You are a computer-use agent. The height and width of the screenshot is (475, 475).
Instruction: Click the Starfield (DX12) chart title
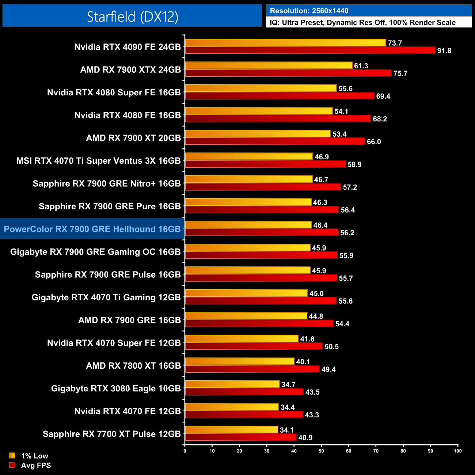coord(132,16)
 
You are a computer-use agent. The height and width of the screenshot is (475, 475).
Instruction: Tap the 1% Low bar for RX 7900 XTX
coord(269,65)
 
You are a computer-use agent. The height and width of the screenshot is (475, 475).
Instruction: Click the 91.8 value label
coord(444,51)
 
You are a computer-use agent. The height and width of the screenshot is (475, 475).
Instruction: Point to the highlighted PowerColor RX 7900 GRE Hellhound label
coord(92,229)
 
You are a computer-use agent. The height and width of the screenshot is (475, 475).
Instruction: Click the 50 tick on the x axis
coord(321,451)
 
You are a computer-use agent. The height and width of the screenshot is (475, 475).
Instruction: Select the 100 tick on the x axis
coord(457,451)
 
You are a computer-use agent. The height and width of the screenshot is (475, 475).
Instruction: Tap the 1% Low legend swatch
coord(12,456)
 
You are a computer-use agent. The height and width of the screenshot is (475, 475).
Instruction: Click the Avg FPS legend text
coord(36,465)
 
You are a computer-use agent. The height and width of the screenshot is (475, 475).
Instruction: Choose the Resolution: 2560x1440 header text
coord(309,11)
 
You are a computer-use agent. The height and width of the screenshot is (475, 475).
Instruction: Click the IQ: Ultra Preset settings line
coord(362,23)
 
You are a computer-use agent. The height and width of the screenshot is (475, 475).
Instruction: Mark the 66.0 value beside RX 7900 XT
coord(374,142)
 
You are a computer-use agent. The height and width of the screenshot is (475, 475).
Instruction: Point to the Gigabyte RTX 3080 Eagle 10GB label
coord(116,388)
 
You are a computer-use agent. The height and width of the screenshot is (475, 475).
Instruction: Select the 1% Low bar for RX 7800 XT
coord(239,361)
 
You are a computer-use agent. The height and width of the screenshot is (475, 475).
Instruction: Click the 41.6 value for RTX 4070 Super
coord(307,339)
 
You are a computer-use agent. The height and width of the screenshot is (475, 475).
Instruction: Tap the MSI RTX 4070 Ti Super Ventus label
coord(99,161)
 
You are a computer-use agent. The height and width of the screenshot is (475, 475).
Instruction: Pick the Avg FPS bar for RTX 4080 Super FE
coord(280,96)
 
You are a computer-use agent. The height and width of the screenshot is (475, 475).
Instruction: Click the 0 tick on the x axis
coord(185,451)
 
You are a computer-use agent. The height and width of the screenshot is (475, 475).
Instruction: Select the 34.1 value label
coord(286,430)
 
